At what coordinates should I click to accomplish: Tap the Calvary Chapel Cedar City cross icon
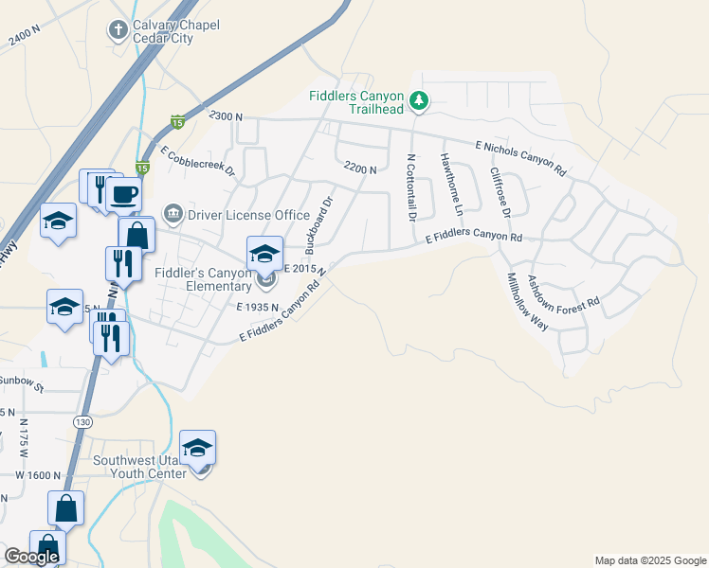click(x=118, y=30)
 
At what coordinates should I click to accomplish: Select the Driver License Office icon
click(x=173, y=214)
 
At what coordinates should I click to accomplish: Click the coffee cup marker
click(x=123, y=195)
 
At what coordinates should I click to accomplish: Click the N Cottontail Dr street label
click(x=411, y=187)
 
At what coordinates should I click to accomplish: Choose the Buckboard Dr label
click(x=319, y=224)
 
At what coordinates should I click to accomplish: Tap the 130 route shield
click(x=83, y=421)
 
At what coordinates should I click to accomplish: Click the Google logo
click(x=31, y=557)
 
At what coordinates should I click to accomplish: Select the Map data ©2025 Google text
click(x=649, y=560)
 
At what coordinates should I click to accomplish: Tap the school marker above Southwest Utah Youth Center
click(x=197, y=448)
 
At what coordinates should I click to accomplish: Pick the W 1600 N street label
click(x=38, y=475)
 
